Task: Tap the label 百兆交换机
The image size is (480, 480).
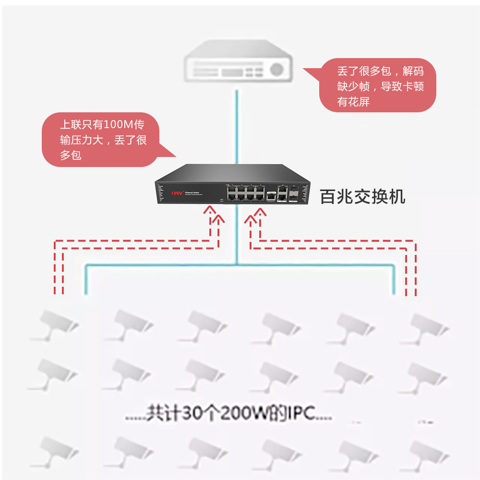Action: click(362, 196)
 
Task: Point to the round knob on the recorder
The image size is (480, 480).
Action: click(276, 69)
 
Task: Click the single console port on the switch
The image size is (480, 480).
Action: click(271, 196)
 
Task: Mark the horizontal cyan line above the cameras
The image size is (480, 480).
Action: click(240, 264)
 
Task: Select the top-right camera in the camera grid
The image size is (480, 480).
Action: click(425, 326)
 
